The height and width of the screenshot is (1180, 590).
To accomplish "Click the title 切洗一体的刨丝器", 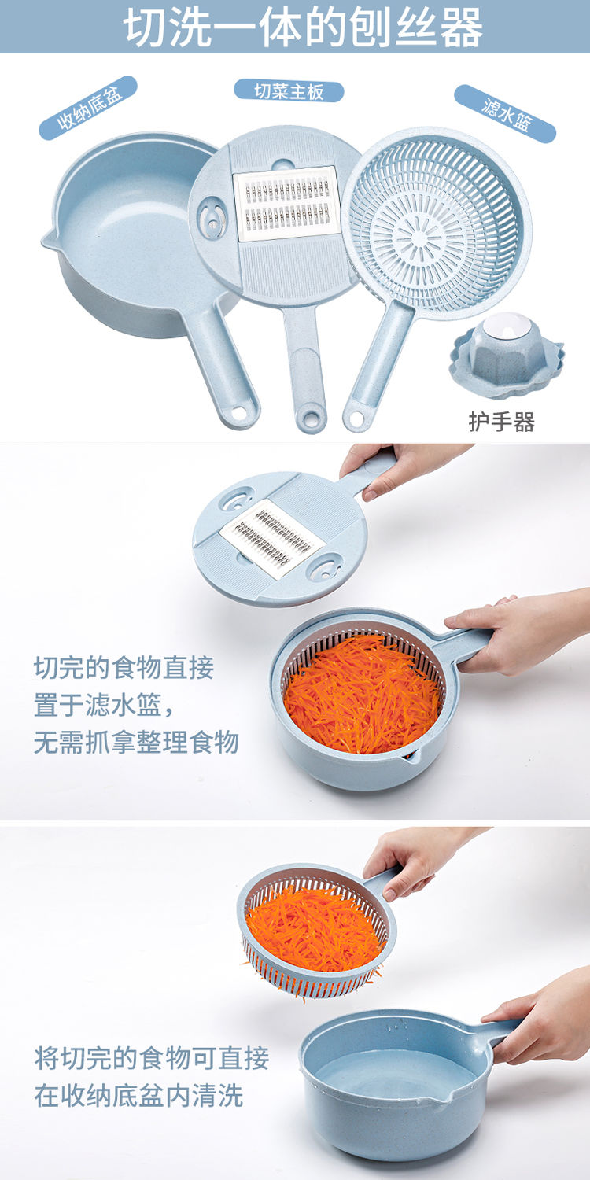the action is pos(303,27).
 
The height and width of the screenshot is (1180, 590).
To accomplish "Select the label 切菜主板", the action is pos(289,91).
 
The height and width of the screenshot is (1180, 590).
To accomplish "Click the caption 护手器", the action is pos(502,422).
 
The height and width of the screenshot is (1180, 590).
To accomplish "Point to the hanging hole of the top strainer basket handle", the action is pos(356,419).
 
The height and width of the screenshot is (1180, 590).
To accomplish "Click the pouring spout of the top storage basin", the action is pos(48,240).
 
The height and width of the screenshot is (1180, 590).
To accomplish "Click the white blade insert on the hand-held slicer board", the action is pos(272,538).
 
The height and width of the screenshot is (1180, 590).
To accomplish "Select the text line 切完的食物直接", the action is pos(124,667).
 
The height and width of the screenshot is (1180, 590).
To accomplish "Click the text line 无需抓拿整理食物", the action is pos(136,743).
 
